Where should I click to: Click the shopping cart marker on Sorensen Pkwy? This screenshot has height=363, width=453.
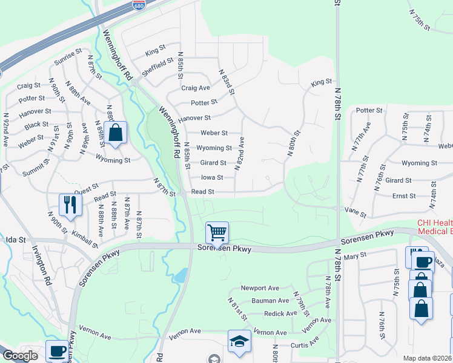[217, 232]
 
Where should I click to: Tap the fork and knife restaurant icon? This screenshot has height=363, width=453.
[70, 204]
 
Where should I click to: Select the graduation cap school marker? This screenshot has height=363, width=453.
[239, 341]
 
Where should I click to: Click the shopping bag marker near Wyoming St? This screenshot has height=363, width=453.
[115, 133]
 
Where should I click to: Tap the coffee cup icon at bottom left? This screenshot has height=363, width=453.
[57, 351]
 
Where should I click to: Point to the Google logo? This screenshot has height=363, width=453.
[20, 356]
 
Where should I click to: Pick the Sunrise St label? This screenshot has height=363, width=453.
[67, 59]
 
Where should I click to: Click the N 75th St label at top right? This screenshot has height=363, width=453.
[419, 20]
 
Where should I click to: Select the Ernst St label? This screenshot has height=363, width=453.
[403, 196]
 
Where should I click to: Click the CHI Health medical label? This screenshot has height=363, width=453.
[434, 227]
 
